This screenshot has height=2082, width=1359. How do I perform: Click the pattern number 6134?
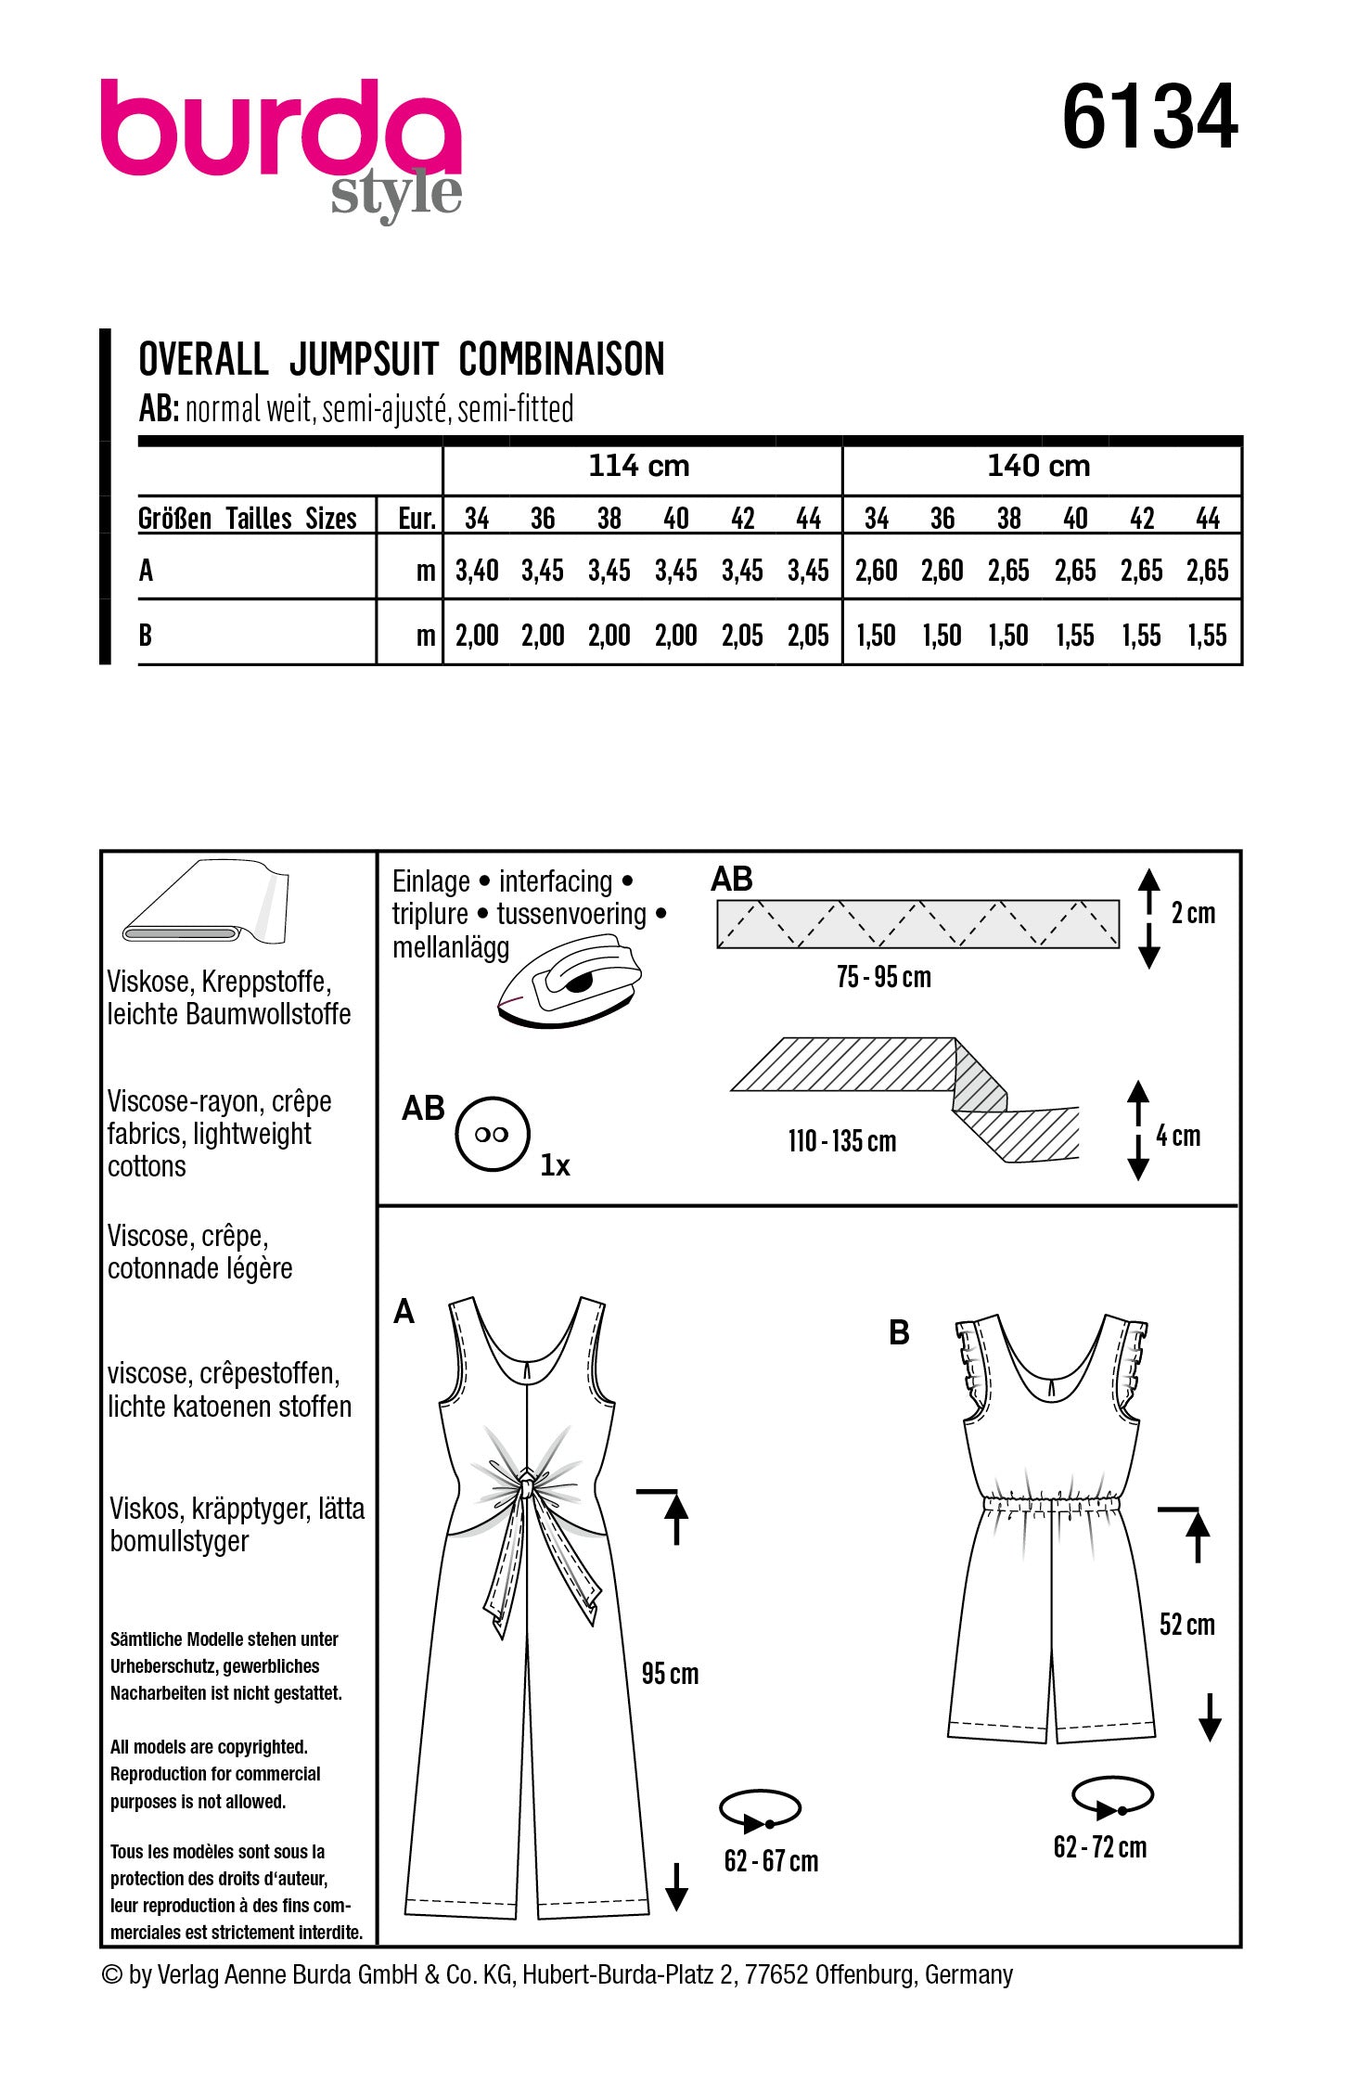[1149, 118]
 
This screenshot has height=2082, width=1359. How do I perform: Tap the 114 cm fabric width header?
[639, 466]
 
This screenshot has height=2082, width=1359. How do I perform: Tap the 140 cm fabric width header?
[1038, 466]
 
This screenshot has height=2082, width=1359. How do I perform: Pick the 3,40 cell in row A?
[477, 571]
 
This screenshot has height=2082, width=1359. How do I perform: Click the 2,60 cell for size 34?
[876, 571]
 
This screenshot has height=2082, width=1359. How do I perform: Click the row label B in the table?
[146, 636]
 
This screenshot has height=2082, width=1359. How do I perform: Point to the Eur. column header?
[417, 519]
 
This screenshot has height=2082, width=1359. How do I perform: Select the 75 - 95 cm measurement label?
[883, 977]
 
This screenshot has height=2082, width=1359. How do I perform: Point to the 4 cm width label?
[1177, 1136]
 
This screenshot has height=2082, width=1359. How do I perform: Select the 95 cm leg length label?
[670, 1674]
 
